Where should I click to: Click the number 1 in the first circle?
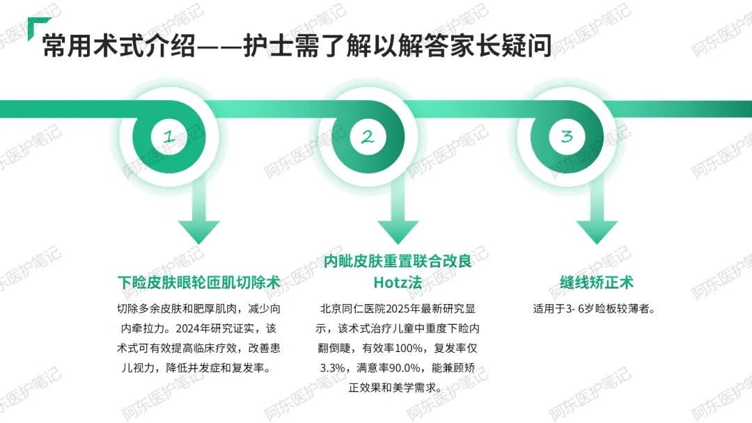coord(169,137)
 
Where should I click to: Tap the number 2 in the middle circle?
coord(368,137)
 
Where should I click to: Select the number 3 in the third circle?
coord(567,137)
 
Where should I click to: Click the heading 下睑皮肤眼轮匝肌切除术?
coord(198,282)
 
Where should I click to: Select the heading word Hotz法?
coord(398,282)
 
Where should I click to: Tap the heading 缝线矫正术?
coord(597,282)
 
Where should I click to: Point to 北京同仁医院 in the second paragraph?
coord(352,308)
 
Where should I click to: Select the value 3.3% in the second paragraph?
coord(333,367)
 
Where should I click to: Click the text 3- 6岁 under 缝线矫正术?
coord(574,308)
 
